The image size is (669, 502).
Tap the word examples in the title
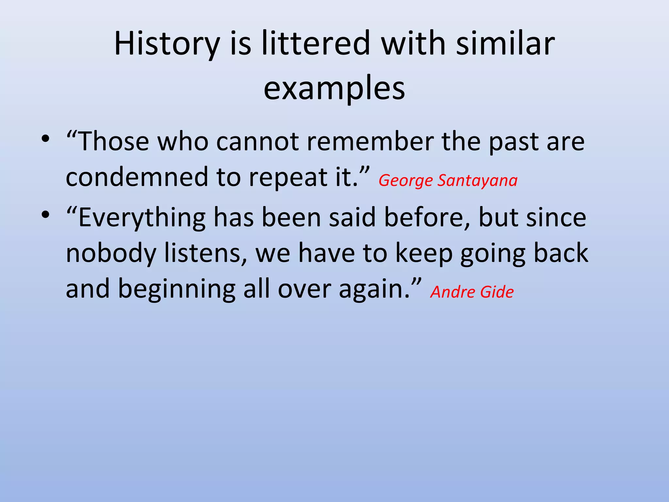[334, 88]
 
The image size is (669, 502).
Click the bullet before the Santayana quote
[45, 139]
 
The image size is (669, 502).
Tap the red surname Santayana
[477, 181]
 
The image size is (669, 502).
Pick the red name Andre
[452, 292]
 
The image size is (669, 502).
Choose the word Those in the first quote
[113, 142]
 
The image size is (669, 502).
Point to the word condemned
[137, 177]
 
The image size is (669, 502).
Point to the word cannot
[257, 142]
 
